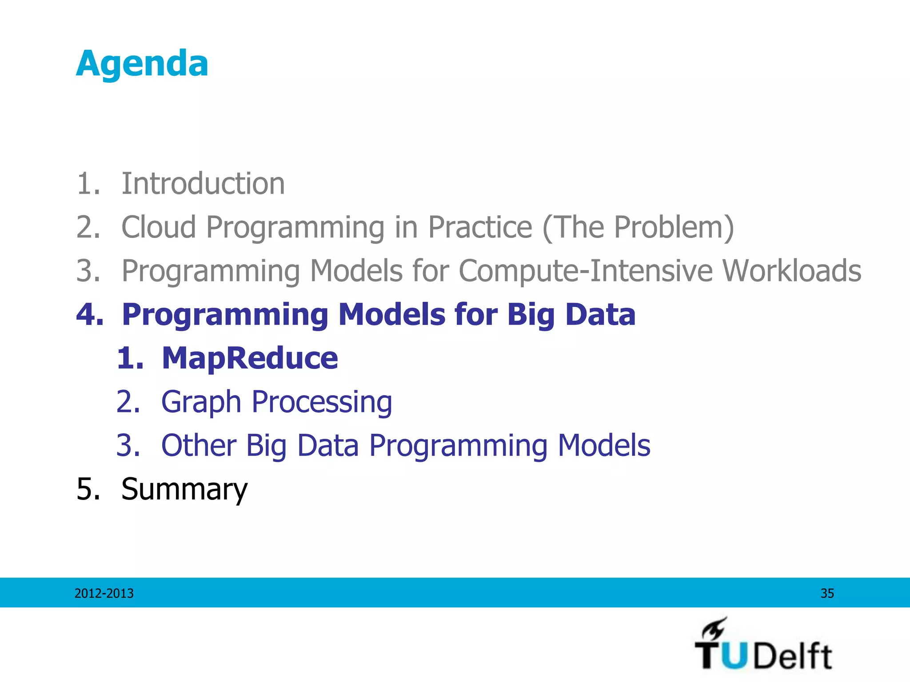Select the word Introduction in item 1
pos(203,183)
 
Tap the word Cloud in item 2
pos(159,227)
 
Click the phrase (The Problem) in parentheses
pos(638,228)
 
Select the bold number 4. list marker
pos(90,314)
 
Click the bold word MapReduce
pos(250,358)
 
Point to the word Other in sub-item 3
pos(199,445)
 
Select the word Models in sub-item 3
pos(604,445)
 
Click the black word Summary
pos(184,489)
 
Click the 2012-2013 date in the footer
pos(104,593)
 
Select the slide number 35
pos(827,593)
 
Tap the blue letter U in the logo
pos(736,656)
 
